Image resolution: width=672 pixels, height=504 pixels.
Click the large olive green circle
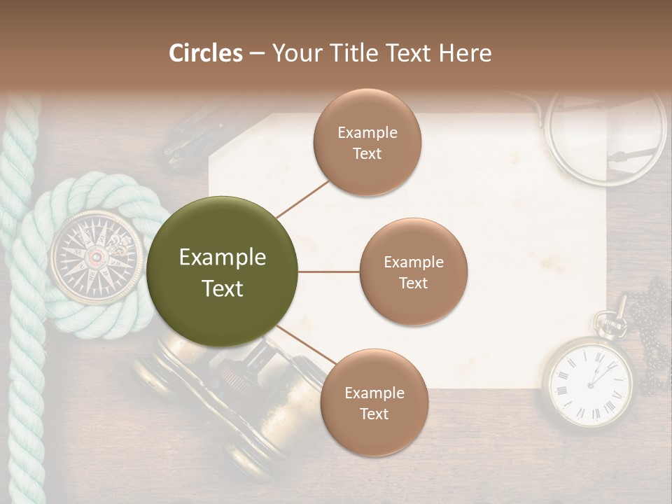(x=223, y=272)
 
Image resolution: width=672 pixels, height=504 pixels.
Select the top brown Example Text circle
(x=367, y=142)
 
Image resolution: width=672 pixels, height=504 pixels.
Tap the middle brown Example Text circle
(x=413, y=272)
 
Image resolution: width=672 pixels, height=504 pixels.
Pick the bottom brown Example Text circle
(x=374, y=402)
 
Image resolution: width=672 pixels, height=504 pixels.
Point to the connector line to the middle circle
(x=328, y=272)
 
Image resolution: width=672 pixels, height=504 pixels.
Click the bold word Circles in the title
(x=205, y=53)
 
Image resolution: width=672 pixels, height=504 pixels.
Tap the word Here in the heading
(x=465, y=53)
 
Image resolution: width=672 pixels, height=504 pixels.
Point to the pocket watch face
(x=589, y=381)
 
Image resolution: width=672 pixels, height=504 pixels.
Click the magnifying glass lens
(x=606, y=136)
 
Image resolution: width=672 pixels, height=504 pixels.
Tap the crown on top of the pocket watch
(x=609, y=318)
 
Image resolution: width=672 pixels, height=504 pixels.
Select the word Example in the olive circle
(x=223, y=258)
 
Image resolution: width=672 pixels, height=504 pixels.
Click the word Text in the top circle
(x=367, y=153)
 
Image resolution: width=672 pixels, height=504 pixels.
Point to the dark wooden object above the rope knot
(x=189, y=143)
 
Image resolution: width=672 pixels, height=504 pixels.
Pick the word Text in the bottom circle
(x=374, y=414)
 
